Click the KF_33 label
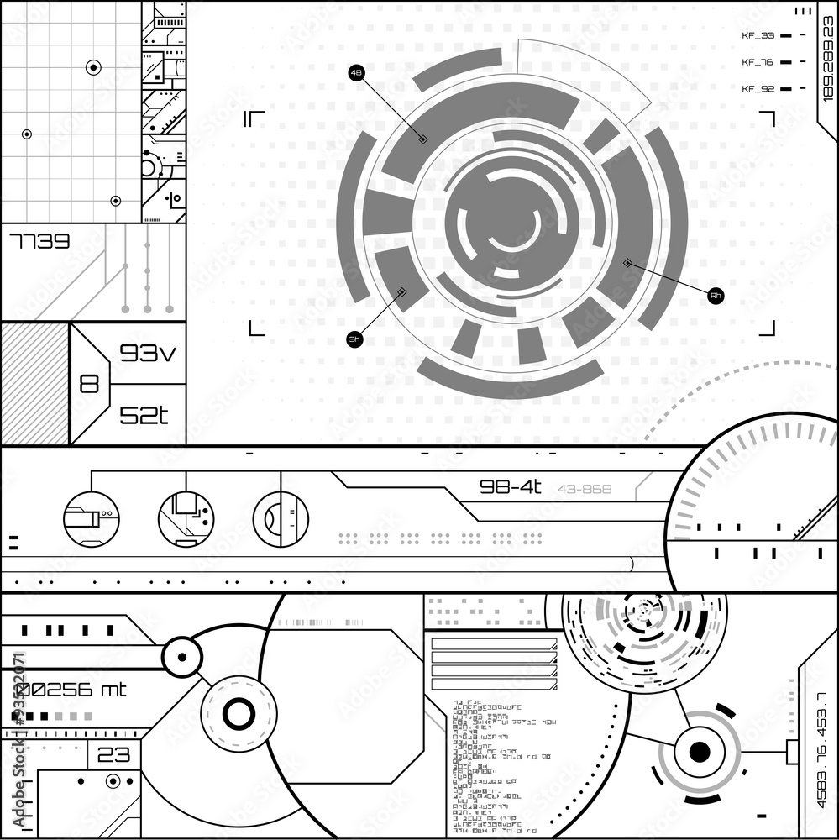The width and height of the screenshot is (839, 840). click(758, 35)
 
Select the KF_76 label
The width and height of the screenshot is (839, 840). click(758, 62)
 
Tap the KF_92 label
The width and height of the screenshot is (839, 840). click(758, 88)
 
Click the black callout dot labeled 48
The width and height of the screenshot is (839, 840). click(357, 74)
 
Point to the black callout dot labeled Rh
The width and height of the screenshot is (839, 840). click(716, 296)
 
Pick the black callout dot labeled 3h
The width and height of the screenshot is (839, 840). click(355, 339)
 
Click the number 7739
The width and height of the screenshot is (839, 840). click(39, 243)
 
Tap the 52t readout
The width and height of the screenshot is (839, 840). click(144, 415)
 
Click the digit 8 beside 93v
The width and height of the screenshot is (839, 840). click(89, 384)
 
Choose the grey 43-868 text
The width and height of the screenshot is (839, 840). click(585, 489)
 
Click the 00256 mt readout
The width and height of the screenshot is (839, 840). click(71, 690)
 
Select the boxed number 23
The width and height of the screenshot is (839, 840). click(113, 755)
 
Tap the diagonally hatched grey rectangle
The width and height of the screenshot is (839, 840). click(34, 384)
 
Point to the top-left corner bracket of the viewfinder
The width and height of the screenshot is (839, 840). click(254, 118)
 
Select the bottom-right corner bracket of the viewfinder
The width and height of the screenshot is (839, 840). click(768, 328)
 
